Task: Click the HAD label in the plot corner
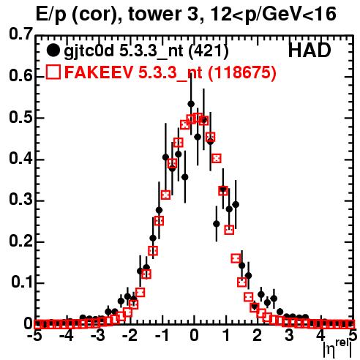(310, 50)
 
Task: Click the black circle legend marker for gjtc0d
(53, 50)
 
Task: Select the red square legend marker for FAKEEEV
(53, 72)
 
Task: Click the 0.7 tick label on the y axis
(20, 34)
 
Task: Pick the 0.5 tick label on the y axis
(20, 117)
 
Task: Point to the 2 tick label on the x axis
(258, 335)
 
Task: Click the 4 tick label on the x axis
(321, 335)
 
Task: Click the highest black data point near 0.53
(191, 104)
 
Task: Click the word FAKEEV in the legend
(100, 72)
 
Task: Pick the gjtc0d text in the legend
(89, 52)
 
